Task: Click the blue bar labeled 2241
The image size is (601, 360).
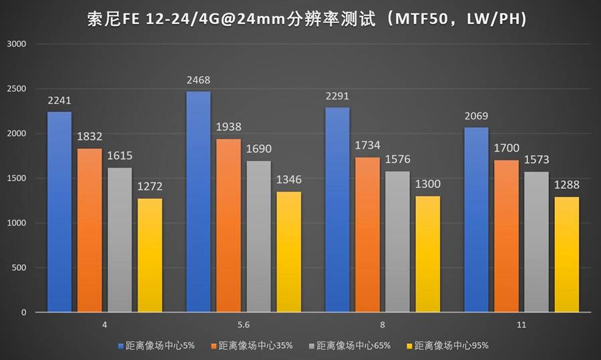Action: click(x=59, y=212)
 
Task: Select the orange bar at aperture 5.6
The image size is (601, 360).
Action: click(x=228, y=225)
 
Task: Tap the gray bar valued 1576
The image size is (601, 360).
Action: click(x=397, y=241)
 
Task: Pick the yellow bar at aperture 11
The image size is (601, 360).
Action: click(x=566, y=254)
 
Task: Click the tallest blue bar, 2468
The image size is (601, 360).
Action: click(x=198, y=202)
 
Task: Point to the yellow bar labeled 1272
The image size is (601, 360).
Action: click(x=150, y=255)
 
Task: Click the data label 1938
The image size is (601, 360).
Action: click(x=228, y=127)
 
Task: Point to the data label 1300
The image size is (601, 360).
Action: click(x=428, y=184)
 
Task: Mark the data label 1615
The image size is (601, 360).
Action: click(x=120, y=156)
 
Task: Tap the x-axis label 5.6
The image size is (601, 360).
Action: click(x=244, y=325)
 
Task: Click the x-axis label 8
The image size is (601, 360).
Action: click(x=382, y=325)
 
